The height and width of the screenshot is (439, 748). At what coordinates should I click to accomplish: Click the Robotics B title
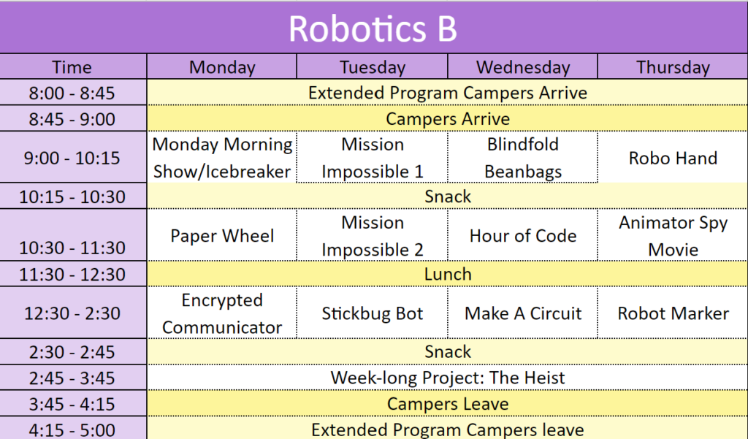click(373, 28)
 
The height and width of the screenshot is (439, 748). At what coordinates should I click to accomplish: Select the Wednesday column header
click(523, 67)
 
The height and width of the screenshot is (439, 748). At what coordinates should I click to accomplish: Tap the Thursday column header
click(673, 67)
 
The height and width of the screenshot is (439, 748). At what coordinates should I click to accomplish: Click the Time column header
click(72, 67)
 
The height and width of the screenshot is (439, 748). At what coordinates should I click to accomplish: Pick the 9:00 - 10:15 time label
click(72, 158)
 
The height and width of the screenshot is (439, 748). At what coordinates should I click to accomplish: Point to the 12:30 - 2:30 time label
click(72, 313)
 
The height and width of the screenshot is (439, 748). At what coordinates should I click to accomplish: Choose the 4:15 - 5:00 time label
click(72, 430)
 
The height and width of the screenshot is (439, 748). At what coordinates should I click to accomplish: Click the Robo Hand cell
click(673, 158)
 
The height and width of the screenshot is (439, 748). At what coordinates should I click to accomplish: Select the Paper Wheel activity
click(222, 236)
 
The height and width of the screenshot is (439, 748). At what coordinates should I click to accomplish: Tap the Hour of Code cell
click(523, 236)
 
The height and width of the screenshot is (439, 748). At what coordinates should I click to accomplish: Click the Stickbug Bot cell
click(372, 313)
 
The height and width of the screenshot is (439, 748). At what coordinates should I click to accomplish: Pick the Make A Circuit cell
click(523, 313)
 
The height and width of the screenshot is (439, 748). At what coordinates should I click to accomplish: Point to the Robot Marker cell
click(673, 313)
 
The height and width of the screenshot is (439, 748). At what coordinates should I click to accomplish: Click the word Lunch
click(448, 275)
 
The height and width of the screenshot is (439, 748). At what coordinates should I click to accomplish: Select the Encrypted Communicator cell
click(222, 313)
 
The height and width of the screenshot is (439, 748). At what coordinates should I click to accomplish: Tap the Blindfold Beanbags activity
click(523, 158)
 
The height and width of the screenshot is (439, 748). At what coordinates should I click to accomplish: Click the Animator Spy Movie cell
click(673, 236)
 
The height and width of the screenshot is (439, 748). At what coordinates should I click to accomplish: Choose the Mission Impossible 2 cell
click(372, 236)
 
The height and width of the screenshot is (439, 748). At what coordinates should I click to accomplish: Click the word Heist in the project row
click(543, 378)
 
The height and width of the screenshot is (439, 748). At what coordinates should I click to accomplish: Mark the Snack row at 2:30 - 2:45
click(448, 351)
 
